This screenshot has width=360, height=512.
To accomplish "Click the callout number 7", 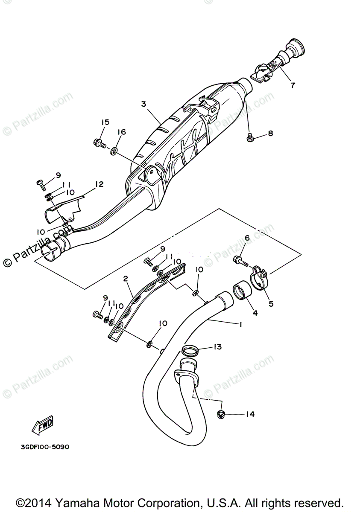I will click(293, 84).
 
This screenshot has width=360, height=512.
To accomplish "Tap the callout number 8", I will click(270, 134).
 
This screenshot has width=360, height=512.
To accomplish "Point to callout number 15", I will click(105, 122).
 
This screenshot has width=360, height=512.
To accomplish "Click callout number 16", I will click(122, 132).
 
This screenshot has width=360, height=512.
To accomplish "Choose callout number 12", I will click(99, 184).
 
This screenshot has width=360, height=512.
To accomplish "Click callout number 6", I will click(246, 238).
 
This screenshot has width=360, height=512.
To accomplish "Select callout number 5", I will click(271, 304).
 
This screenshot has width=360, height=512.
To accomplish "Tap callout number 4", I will click(255, 313).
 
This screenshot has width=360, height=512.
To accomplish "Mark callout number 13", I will click(218, 347).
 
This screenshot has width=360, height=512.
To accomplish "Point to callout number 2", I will click(125, 279).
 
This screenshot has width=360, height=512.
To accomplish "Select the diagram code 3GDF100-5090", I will click(44, 447).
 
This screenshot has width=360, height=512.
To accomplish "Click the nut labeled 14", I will click(221, 413).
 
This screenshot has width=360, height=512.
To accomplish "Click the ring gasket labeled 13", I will click(190, 351).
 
